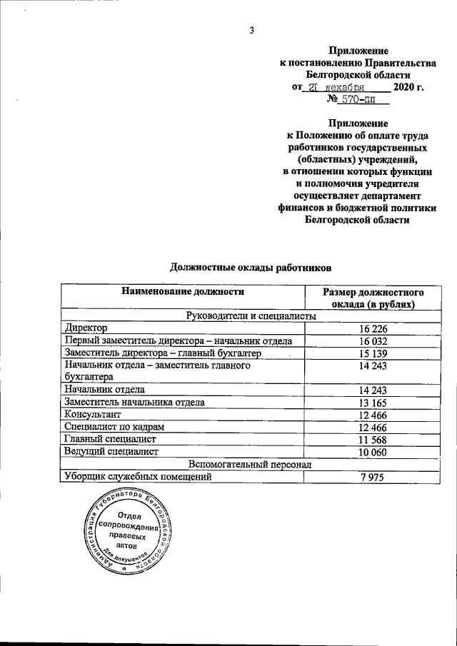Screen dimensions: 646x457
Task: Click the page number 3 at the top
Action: tap(251, 29)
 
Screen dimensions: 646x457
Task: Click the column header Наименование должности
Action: tap(183, 291)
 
